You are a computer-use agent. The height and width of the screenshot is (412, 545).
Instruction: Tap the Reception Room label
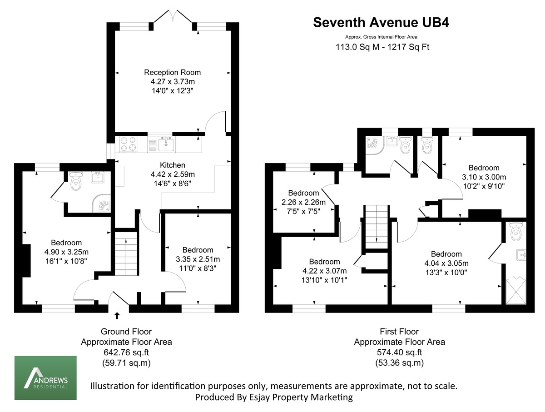point(172,72)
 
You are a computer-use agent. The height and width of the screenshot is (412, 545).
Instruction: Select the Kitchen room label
point(172,165)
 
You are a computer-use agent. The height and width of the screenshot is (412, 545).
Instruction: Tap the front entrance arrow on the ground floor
point(117,315)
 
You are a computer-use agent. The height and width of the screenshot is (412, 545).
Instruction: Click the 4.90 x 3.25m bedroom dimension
point(66,252)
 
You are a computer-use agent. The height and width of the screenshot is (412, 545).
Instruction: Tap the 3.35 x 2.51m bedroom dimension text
point(198,259)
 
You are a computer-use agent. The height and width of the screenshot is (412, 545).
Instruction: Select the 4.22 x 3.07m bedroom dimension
point(324,271)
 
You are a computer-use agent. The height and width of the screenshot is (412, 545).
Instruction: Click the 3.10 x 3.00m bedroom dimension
point(484,177)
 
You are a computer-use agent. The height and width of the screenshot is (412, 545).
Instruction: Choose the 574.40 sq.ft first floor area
point(399,352)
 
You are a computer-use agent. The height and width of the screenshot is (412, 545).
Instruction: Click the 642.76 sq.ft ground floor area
point(126,352)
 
